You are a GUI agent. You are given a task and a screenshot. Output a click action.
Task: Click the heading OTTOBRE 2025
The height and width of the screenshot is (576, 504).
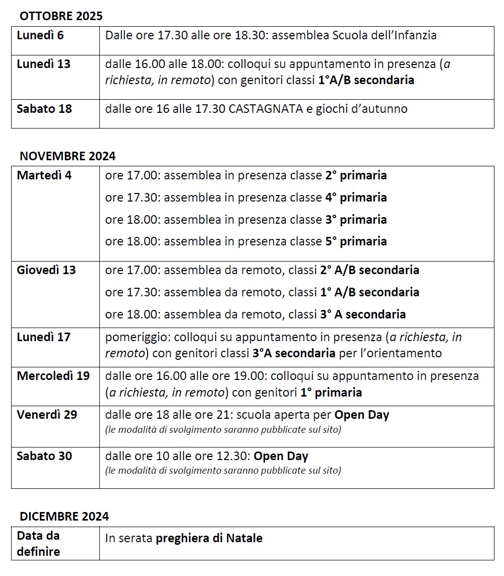pos(61,16)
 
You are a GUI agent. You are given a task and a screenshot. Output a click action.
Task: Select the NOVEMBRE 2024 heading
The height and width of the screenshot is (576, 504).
pos(68,156)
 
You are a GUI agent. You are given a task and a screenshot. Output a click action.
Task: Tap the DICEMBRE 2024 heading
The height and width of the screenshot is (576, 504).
pos(64,517)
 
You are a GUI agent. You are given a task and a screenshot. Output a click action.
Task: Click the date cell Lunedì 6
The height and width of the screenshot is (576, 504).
pos(40,36)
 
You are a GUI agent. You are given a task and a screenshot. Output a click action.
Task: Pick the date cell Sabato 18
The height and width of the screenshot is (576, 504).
pos(44,109)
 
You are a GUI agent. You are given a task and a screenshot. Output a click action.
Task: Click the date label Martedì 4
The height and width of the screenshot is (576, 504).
pos(44,176)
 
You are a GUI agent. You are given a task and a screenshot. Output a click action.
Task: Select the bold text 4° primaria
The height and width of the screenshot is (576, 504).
pos(356,198)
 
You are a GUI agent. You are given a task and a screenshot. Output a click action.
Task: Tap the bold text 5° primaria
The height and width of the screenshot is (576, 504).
pos(356,241)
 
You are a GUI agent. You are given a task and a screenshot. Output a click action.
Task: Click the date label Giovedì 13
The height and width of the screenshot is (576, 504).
pos(46,270)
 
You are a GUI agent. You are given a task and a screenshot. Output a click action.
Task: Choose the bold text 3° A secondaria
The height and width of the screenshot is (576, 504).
pos(363,314)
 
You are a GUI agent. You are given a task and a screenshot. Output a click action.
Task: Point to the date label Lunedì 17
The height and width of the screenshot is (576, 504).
pos(43,337)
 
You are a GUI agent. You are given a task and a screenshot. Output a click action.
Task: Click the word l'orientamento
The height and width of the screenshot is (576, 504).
pos(398,353)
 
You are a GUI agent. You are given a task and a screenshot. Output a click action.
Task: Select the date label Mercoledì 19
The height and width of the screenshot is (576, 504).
pos(53,376)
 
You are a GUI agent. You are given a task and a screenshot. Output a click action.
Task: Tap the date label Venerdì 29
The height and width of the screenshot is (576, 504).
pos(47,415)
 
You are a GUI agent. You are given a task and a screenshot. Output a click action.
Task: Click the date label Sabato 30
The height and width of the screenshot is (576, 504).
pos(44,457)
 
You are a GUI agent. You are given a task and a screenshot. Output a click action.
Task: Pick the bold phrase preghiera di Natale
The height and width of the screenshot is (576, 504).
pos(209,538)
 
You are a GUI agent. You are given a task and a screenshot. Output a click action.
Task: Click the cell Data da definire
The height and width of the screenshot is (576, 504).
pos(38,544)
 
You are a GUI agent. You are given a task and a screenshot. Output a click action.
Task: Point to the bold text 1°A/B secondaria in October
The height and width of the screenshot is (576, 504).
pos(366,80)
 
